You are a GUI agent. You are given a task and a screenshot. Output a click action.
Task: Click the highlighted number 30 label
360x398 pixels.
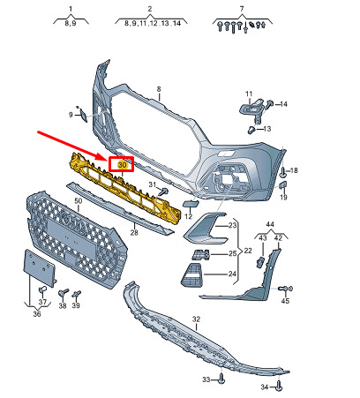tap(122, 165)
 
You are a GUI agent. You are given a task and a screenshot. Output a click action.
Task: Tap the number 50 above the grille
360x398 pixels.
tap(78, 201)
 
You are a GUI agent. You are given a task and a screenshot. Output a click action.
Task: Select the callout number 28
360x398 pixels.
tap(134, 233)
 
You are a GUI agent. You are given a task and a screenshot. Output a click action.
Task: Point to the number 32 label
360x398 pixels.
tap(196, 319)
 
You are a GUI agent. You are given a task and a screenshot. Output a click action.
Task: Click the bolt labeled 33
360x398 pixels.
tap(221, 379)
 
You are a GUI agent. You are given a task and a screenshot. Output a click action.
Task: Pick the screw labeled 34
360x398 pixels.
tap(279, 387)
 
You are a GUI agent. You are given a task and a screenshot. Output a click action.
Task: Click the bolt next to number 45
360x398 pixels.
tap(285, 289)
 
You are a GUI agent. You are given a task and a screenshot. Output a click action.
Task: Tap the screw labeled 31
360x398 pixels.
tap(162, 191)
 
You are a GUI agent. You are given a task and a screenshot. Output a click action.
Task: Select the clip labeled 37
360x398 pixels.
tap(43, 290)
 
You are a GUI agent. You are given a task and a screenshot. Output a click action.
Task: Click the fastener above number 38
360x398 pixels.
tap(64, 293)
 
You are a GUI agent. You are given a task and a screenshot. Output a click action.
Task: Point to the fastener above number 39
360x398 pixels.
tap(77, 294)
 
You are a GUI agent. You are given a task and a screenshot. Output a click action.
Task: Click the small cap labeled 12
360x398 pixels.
tap(191, 204)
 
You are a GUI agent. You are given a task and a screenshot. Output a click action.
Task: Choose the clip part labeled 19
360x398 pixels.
tap(283, 184)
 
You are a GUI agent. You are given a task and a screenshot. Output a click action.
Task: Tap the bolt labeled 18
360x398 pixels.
tap(283, 172)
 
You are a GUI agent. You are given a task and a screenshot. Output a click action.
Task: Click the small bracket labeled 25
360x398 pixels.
tap(200, 255)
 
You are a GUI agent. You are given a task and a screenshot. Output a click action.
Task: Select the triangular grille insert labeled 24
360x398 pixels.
tap(191, 274)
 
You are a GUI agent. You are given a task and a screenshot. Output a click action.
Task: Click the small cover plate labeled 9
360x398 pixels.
tap(84, 115)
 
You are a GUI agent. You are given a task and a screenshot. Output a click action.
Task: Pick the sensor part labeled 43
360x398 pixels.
tap(260, 261)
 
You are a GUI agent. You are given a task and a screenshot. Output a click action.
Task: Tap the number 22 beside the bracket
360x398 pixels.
tap(248, 251)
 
